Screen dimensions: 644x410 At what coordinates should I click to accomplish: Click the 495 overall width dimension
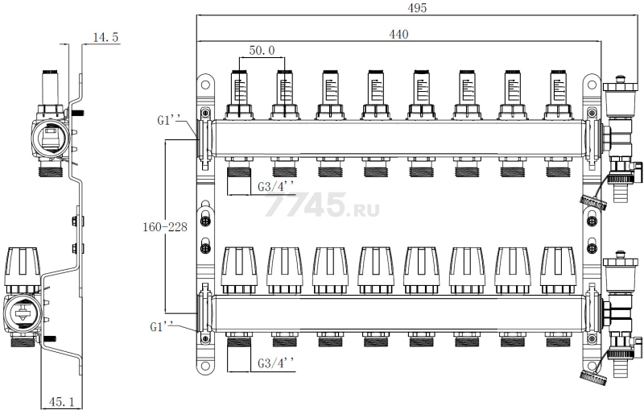pyautogui.click(x=417, y=8)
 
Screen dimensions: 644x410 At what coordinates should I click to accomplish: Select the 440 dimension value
pyautogui.click(x=398, y=34)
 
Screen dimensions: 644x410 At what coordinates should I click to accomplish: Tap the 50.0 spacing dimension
pyautogui.click(x=262, y=51)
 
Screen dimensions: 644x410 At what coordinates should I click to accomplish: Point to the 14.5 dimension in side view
pyautogui.click(x=105, y=37)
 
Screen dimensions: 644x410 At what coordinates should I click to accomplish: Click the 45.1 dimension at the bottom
pyautogui.click(x=62, y=401)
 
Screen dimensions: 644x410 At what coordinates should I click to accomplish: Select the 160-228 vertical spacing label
pyautogui.click(x=165, y=227)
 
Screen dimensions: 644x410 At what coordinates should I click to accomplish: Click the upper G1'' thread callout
pyautogui.click(x=169, y=121)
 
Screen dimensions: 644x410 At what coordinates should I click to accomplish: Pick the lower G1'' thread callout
pyautogui.click(x=162, y=327)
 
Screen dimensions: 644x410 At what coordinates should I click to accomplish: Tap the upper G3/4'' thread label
pyautogui.click(x=276, y=187)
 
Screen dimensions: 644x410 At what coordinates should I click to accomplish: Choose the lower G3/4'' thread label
pyautogui.click(x=276, y=364)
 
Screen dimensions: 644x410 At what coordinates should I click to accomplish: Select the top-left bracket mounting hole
pyautogui.click(x=205, y=85)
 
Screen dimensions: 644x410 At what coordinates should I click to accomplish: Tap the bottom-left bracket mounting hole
pyautogui.click(x=205, y=365)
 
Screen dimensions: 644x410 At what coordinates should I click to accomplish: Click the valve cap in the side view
pyautogui.click(x=22, y=268)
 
